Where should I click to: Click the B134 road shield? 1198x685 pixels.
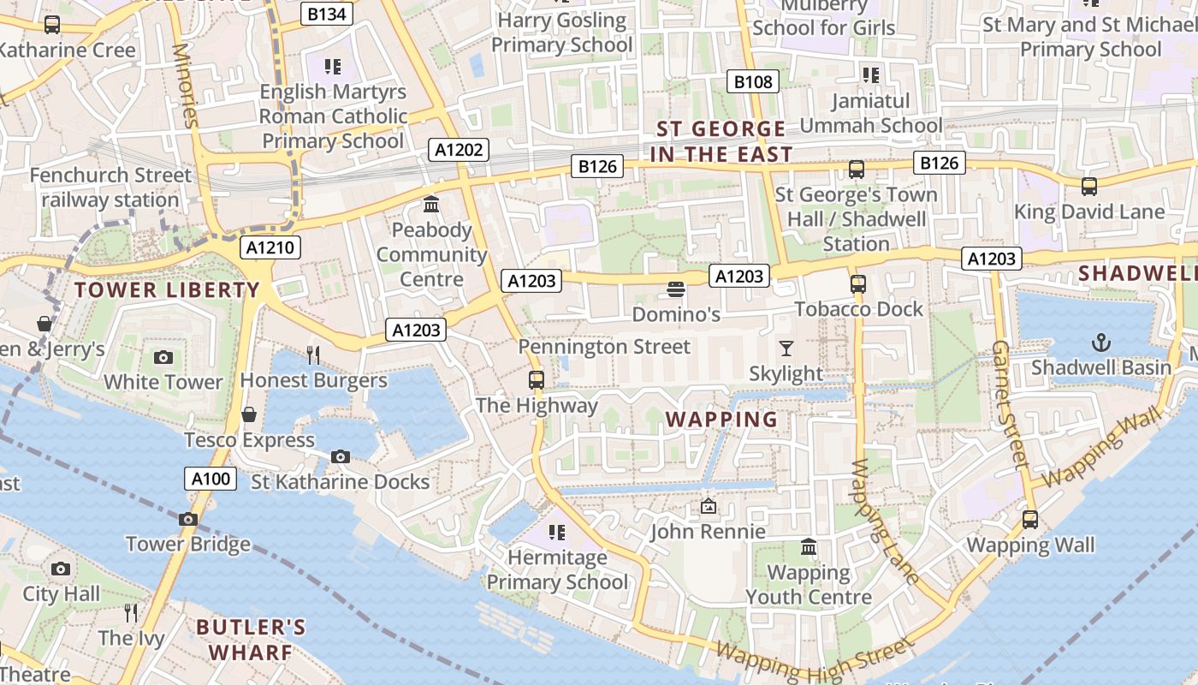coord(328,14)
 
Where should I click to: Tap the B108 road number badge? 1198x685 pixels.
coord(753,81)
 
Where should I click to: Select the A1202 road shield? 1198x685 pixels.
coord(459,150)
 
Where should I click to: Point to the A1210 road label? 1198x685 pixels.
coord(270,248)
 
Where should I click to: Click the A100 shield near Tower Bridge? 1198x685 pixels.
coord(211,479)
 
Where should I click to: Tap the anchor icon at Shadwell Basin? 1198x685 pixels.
coord(1100,343)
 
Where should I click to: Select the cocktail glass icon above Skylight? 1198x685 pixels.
coord(786,348)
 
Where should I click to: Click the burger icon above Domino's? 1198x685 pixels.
coord(676,289)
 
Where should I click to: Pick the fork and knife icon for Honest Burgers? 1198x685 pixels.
coord(313,354)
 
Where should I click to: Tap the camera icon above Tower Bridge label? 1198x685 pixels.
coord(188,519)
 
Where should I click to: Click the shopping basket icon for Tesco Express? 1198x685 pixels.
coord(249,414)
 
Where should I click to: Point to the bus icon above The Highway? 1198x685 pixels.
coord(536,379)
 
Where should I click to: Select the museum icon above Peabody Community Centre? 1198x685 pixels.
coord(431,205)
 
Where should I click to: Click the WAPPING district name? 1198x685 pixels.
coord(721,420)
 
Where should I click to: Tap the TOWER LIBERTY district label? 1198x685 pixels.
coord(167,289)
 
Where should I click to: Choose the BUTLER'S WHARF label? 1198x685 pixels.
coord(251,640)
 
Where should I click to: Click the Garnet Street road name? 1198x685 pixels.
coord(1009,402)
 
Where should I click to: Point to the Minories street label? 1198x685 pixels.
coord(185,86)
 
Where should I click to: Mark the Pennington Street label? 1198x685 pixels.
coord(604,347)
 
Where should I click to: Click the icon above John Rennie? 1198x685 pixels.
coord(708,506)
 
